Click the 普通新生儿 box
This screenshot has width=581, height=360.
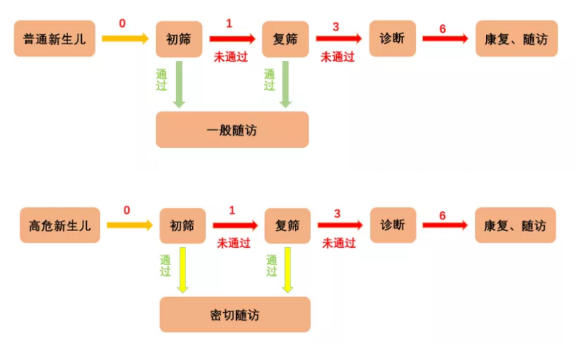tap(54, 38)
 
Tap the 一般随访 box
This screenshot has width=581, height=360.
tap(232, 130)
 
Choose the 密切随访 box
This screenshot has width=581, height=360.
tap(235, 315)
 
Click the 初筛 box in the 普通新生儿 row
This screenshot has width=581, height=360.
tap(180, 38)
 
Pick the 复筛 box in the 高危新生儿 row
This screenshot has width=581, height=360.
tap(288, 225)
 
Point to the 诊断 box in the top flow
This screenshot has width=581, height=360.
tap(392, 38)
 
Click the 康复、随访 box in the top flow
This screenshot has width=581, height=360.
tap(516, 38)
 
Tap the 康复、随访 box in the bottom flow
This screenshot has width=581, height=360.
tap(515, 225)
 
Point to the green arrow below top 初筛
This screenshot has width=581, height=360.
tap(179, 85)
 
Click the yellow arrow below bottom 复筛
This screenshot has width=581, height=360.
tap(288, 269)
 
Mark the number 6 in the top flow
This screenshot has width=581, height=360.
tap(443, 28)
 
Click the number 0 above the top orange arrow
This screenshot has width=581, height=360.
tap(122, 23)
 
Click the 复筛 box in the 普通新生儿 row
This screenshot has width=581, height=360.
tap(285, 38)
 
